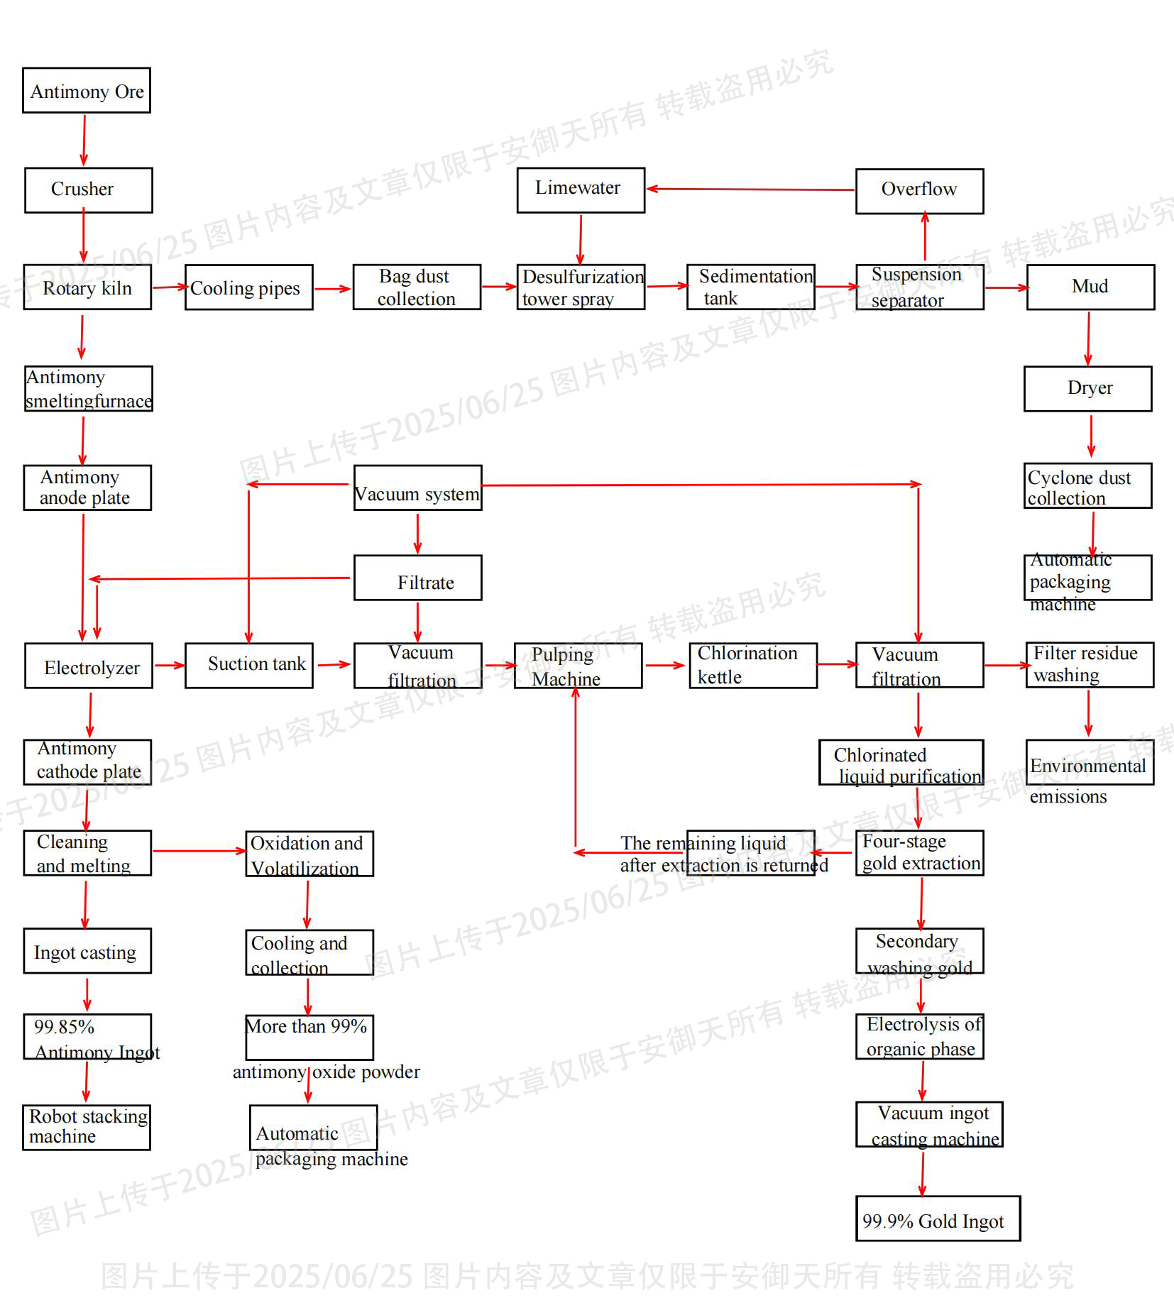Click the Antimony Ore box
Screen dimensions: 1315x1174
click(x=87, y=91)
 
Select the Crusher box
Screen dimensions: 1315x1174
click(x=89, y=190)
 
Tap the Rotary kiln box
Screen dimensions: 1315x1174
click(x=87, y=287)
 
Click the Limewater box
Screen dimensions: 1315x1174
click(x=581, y=189)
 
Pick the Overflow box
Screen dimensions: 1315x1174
click(x=919, y=191)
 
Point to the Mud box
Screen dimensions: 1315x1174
click(x=1090, y=287)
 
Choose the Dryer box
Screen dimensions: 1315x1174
click(x=1087, y=389)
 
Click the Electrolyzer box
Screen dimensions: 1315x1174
click(x=89, y=666)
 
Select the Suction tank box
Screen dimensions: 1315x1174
click(x=249, y=666)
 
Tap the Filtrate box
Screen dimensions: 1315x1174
click(x=417, y=578)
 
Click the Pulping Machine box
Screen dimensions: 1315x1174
click(x=578, y=666)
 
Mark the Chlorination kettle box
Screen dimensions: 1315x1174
click(x=752, y=666)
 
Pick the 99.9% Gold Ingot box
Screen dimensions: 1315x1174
click(x=938, y=1218)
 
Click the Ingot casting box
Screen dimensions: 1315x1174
click(x=87, y=951)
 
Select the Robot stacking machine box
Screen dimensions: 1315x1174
click(x=87, y=1127)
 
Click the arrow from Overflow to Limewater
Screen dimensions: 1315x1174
click(x=750, y=189)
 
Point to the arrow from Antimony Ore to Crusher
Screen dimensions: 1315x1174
click(x=84, y=140)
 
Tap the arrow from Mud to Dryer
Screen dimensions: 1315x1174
click(x=1088, y=338)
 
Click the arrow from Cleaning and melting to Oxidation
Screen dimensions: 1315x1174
click(x=199, y=851)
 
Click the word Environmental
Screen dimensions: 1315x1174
click(x=1087, y=766)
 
